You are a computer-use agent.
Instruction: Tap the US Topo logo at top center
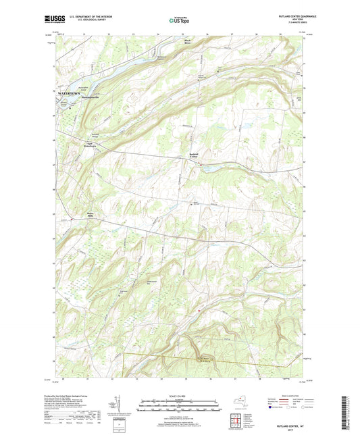(x=179, y=21)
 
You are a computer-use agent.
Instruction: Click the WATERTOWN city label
(x=69, y=91)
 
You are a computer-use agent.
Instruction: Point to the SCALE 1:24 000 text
(x=179, y=394)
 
